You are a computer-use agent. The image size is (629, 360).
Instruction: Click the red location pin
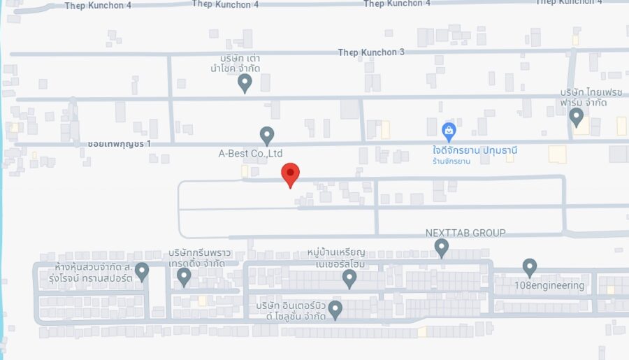pos(290,173)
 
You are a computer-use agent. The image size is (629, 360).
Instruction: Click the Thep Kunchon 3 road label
pos(371,52)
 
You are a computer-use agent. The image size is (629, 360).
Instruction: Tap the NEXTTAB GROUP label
pos(465,233)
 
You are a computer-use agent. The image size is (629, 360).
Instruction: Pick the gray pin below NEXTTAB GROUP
pos(441,247)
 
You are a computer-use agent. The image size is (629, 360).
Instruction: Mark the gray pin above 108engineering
pos(530,267)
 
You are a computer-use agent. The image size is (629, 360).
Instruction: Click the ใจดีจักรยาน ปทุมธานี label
pos(478,150)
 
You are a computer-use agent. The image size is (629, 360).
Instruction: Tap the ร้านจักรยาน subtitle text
pos(451,161)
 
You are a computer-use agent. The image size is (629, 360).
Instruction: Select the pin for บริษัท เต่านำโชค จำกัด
pos(245,82)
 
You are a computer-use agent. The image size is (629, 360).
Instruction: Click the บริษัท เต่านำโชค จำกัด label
pos(240,62)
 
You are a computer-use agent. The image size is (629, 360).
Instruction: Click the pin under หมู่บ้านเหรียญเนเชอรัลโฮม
pos(349,278)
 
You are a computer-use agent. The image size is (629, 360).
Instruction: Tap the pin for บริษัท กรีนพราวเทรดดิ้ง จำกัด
pos(184,277)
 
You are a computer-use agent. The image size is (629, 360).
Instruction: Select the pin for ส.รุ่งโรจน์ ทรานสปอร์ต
pos(142,271)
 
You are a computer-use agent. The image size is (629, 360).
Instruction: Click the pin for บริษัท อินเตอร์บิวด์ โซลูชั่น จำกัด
pos(335,309)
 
